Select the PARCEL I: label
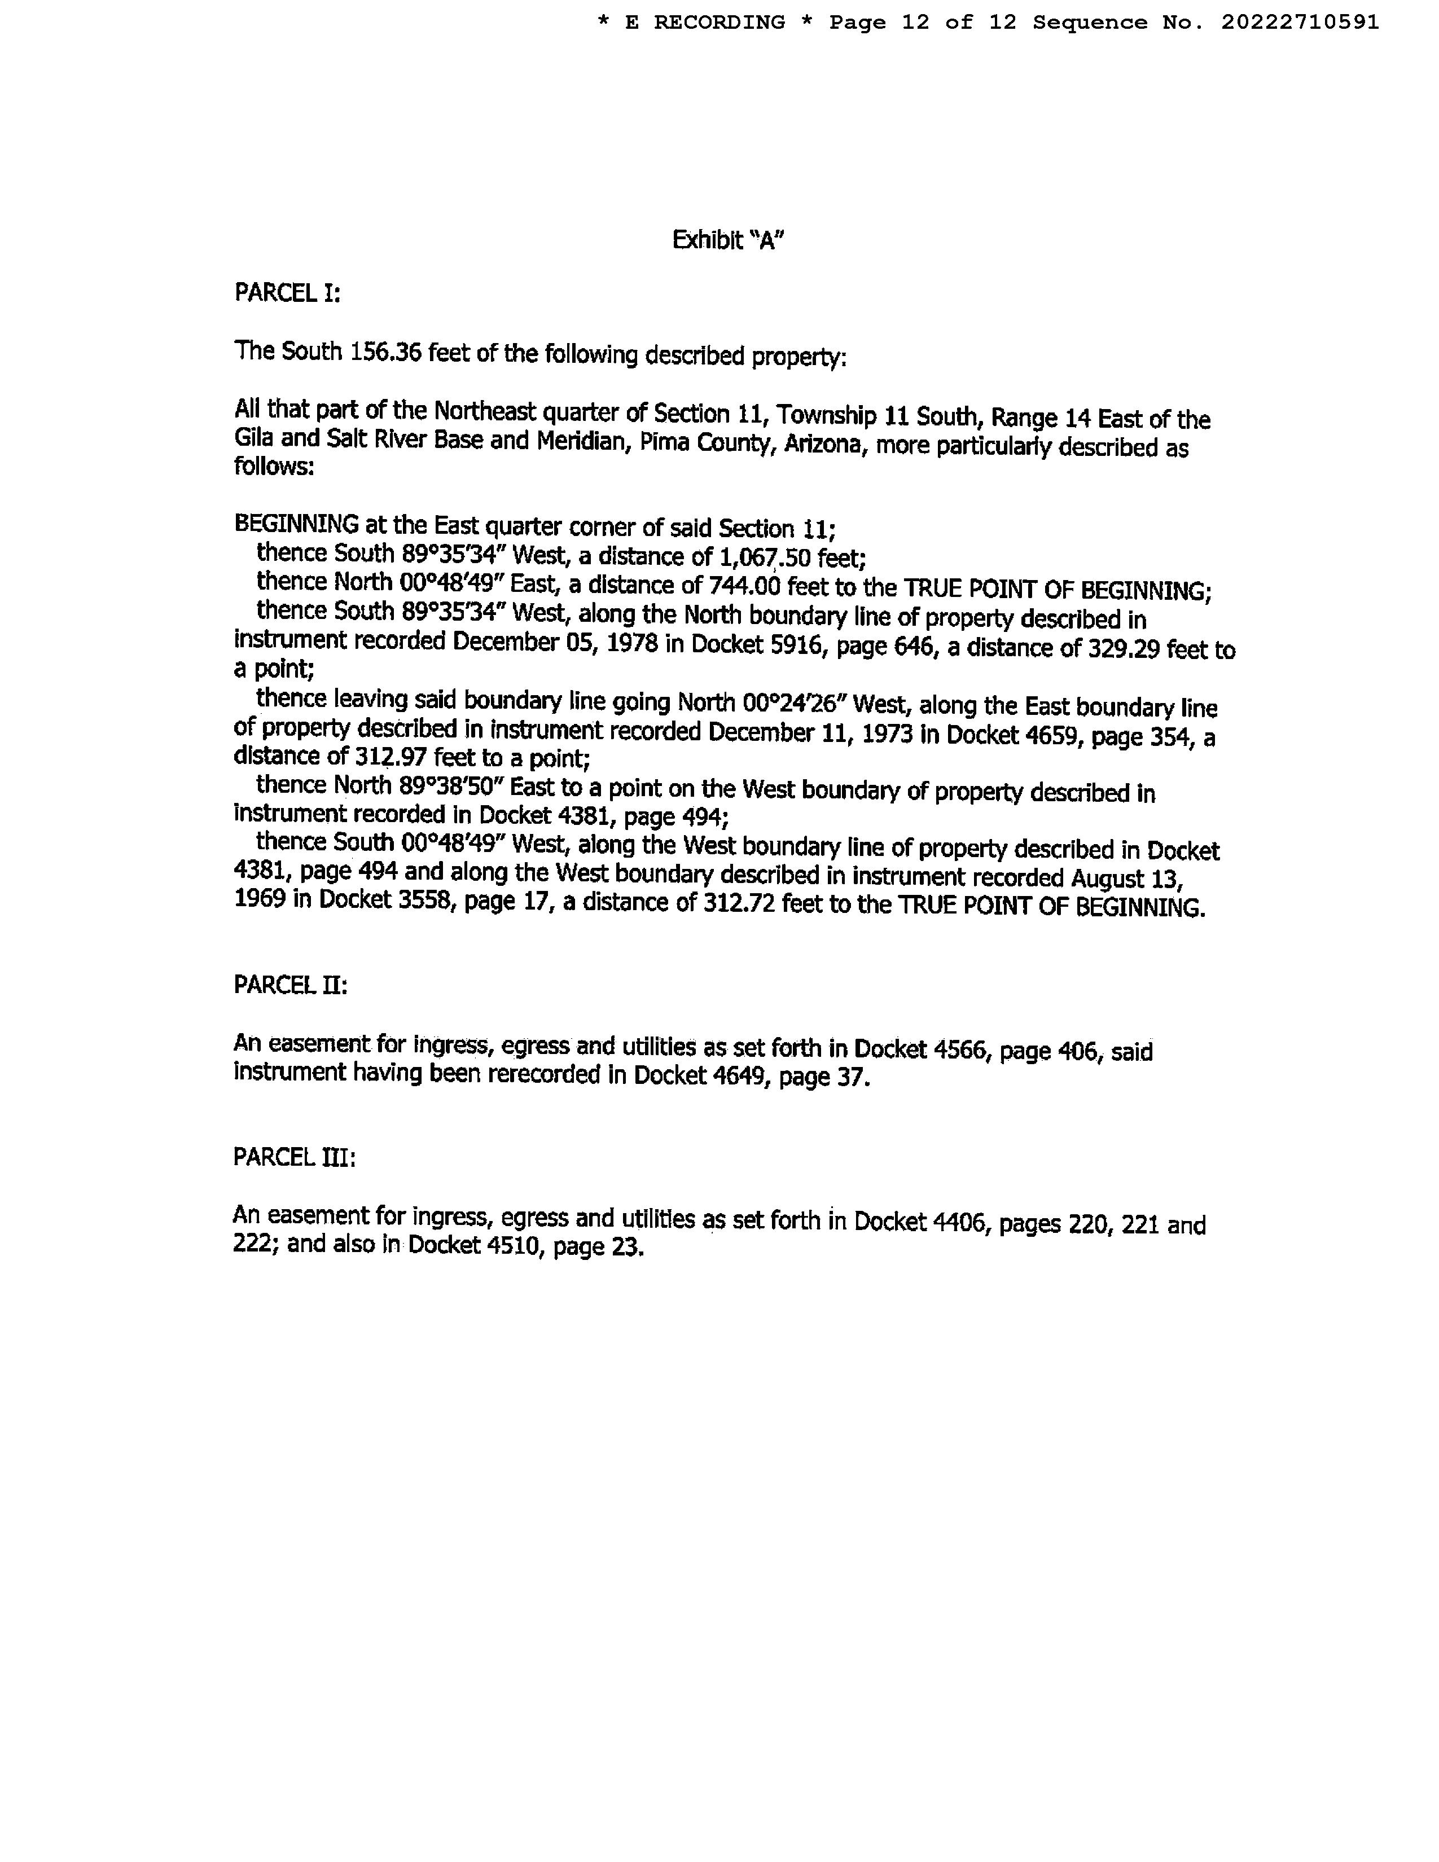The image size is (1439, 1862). (x=287, y=293)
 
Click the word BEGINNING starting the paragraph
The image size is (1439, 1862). (x=296, y=524)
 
